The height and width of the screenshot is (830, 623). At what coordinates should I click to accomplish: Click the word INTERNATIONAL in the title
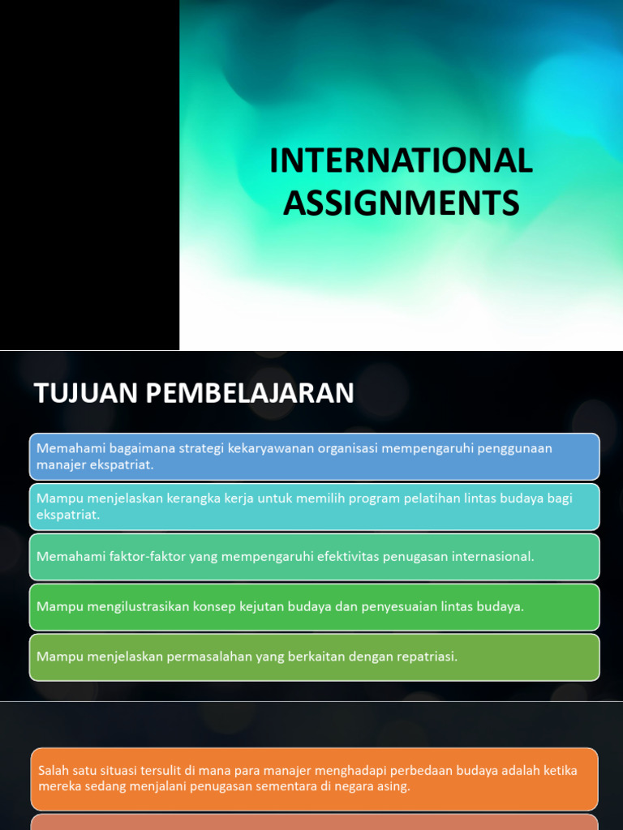401,160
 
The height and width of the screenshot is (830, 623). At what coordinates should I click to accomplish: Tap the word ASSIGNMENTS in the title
401,202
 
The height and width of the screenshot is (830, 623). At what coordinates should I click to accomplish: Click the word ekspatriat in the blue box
121,464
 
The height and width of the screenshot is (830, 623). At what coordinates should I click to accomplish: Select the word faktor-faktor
145,557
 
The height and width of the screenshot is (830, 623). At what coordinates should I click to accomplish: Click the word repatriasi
425,657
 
